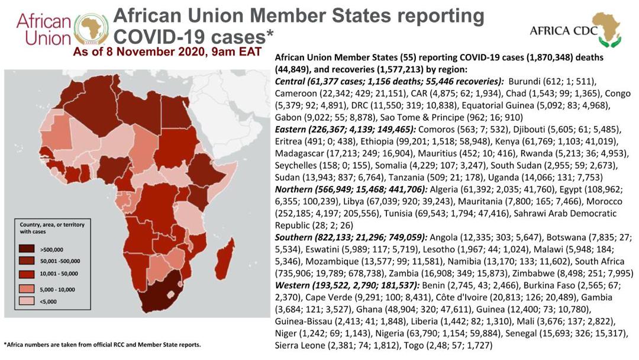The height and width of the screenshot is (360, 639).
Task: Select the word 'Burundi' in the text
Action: point(526,82)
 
